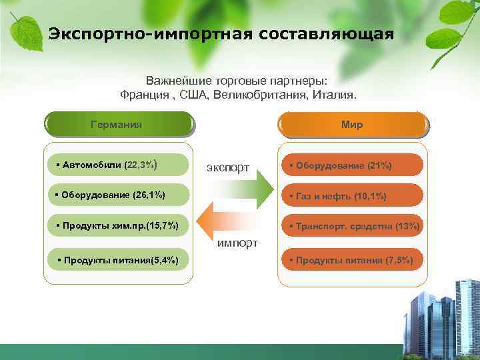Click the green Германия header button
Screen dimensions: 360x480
119,125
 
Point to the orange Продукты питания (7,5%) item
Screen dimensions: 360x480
351,260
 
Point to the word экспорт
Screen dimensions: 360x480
228,167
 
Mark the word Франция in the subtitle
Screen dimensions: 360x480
143,95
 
